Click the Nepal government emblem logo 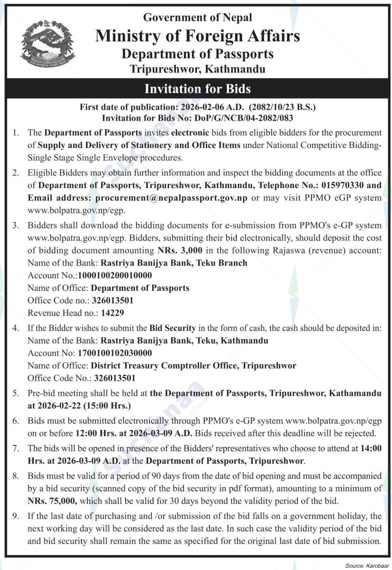click(48, 43)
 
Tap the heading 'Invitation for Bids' click(197, 89)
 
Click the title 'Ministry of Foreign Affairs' click(197, 36)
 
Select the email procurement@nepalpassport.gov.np click(171, 198)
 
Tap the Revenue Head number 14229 click(113, 313)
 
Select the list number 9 click(16, 516)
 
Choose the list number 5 click(16, 393)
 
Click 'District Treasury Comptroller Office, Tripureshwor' click(193, 366)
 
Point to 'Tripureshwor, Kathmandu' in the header click(197, 69)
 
